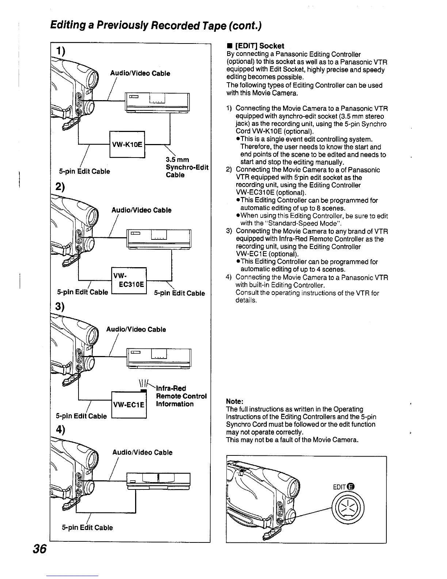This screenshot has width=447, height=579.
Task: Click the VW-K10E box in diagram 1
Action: pos(127,144)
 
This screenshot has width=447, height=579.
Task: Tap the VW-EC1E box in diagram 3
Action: pos(129,404)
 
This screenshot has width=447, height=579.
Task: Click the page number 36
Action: pos(39,549)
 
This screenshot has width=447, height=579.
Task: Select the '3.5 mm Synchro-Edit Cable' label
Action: pos(187,167)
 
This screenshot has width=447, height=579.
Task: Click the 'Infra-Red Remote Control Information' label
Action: pos(181,396)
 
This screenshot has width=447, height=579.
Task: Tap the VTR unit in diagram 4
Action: pos(158,480)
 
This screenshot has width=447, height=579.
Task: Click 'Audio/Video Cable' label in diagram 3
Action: pos(136,329)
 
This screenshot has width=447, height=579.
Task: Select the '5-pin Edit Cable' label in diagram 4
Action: pos(87,527)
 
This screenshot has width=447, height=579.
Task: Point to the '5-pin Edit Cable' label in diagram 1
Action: pos(84,171)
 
